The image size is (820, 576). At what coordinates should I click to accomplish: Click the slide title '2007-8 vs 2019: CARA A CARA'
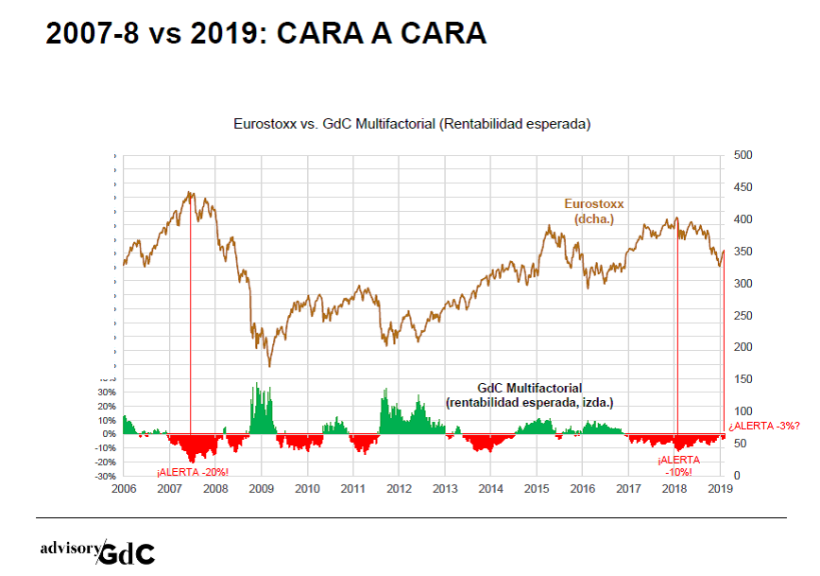tap(266, 34)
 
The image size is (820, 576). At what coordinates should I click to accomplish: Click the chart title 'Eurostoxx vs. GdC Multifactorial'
tap(412, 124)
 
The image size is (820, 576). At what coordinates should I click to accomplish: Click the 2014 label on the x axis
tap(490, 489)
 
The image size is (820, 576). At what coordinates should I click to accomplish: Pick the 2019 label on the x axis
tap(721, 489)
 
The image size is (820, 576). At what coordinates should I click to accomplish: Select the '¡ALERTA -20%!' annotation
tap(193, 472)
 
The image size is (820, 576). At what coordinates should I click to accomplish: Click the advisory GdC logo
tap(97, 551)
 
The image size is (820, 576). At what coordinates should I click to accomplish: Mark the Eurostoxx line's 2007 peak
tap(190, 194)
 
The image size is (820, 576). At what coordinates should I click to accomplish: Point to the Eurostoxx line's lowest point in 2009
tap(269, 365)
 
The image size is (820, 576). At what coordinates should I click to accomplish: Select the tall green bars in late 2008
tap(261, 409)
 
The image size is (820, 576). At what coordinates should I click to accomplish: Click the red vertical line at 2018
tap(677, 331)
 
